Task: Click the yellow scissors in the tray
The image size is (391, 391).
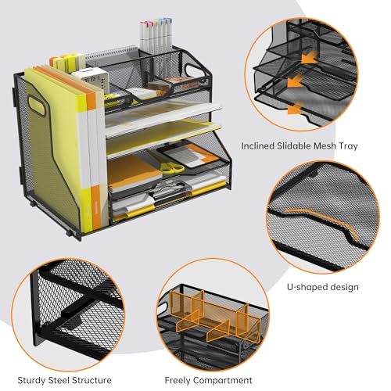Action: pyautogui.click(x=172, y=167)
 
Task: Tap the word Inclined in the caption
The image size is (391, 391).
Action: pyautogui.click(x=257, y=145)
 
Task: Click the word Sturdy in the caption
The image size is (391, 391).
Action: pyautogui.click(x=31, y=380)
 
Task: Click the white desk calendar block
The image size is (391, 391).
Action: pyautogui.click(x=91, y=81)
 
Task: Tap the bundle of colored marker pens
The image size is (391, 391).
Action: pyautogui.click(x=156, y=34)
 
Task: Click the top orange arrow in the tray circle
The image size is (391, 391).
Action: pyautogui.click(x=310, y=58)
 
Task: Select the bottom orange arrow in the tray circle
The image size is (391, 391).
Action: pyautogui.click(x=296, y=109)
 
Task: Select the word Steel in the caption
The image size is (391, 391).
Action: pyautogui.click(x=59, y=380)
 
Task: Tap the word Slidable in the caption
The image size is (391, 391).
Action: pyautogui.click(x=294, y=145)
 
